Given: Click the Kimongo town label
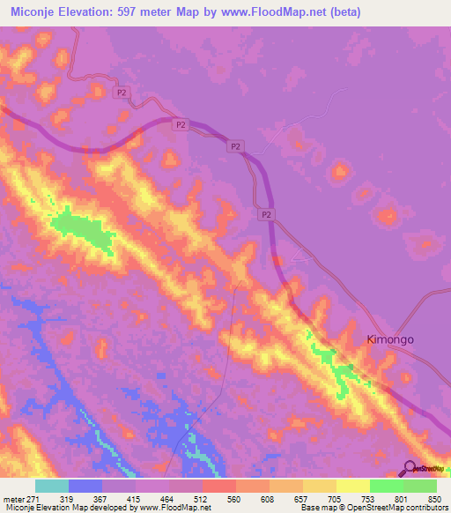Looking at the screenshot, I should tap(389, 338).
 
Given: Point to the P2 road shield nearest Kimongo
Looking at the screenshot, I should tap(265, 214).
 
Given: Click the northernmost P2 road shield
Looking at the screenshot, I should tap(122, 92).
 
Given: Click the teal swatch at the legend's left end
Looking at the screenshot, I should tap(51, 486).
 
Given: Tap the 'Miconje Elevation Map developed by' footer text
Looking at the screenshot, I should tap(66, 508).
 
